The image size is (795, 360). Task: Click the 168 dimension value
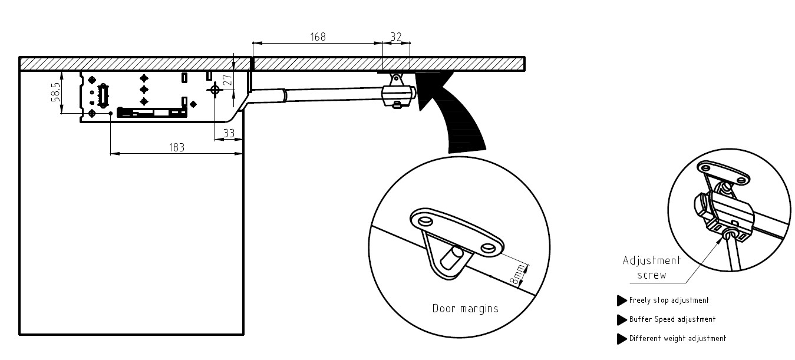point(318,37)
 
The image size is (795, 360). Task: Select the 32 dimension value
point(396,37)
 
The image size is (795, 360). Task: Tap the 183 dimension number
point(177,147)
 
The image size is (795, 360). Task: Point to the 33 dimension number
point(229,133)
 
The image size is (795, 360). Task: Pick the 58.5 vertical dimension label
point(56,93)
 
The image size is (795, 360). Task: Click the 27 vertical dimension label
point(229,80)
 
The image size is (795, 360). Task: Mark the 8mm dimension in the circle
point(517,274)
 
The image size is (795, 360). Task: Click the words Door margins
point(466,309)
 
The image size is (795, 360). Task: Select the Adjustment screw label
point(652,267)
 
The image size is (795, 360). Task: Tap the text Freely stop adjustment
point(669,300)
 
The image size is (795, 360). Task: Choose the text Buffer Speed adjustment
point(672,319)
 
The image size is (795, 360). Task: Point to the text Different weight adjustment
point(678,338)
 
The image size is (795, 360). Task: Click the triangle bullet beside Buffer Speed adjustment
point(621,319)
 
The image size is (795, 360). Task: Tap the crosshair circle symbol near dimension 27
point(215,90)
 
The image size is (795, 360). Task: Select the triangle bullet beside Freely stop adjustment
point(621,300)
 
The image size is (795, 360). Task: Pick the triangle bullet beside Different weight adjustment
point(621,339)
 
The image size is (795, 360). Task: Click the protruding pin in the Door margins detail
point(451,258)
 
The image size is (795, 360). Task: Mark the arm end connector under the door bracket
point(398,95)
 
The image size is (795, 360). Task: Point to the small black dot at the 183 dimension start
point(111,114)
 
